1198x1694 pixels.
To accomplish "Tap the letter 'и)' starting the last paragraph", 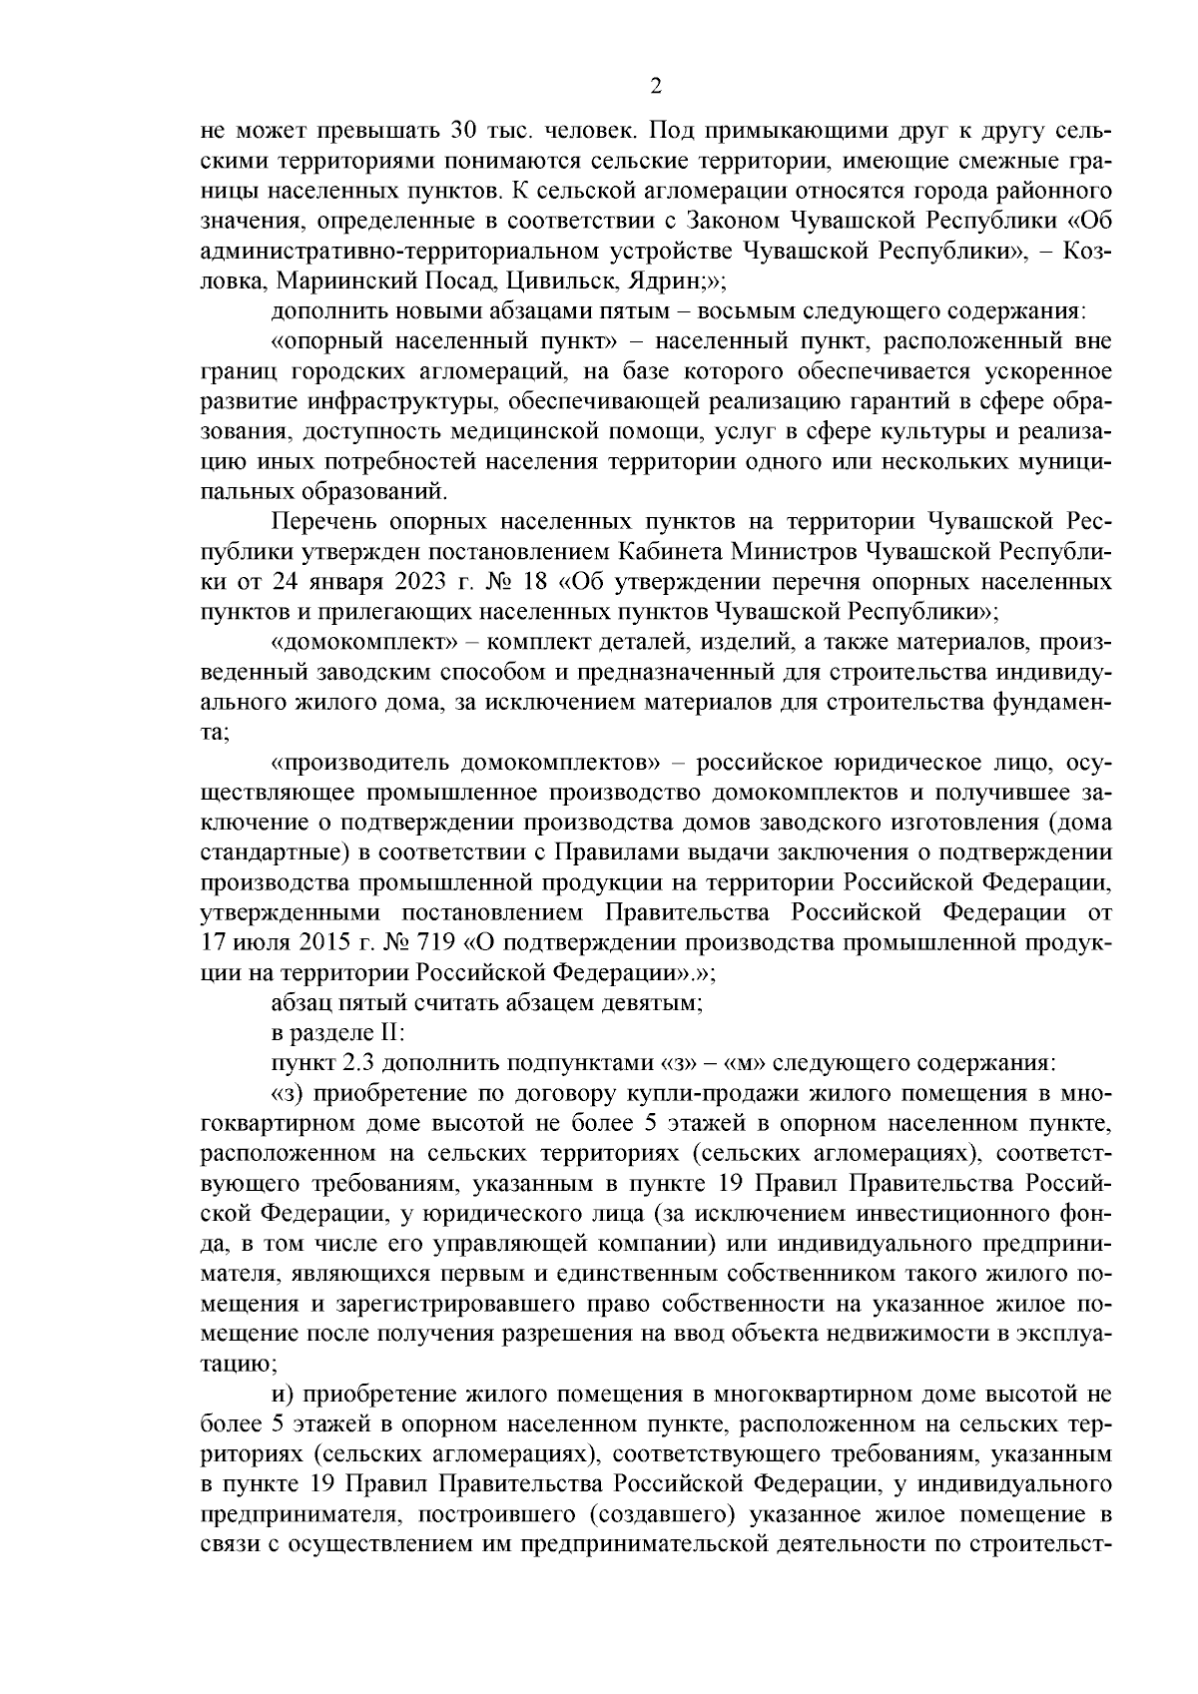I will (x=282, y=1394).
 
